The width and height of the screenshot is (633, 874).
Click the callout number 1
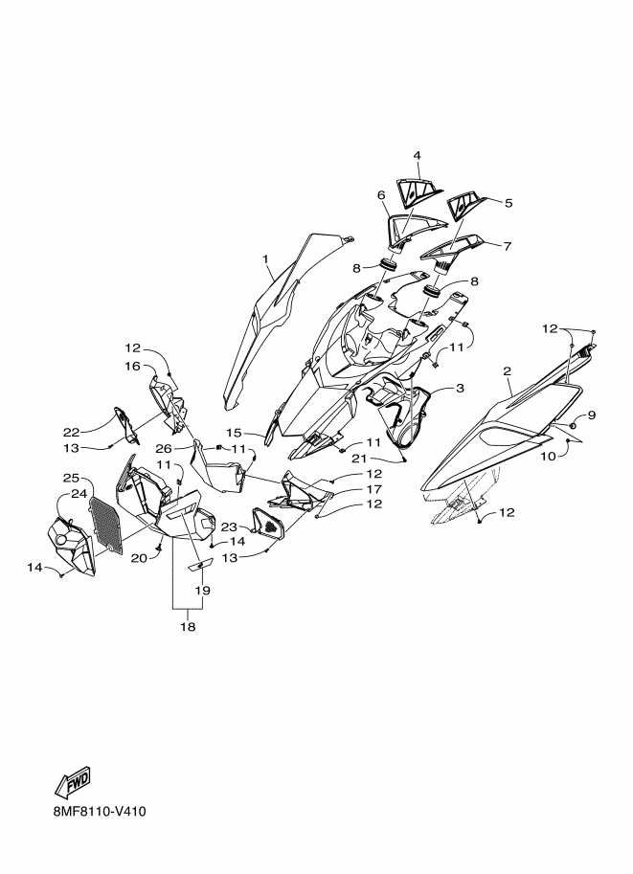(265, 258)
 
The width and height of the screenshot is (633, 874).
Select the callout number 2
(507, 370)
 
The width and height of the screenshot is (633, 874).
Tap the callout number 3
(460, 388)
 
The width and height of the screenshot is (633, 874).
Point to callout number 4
(418, 155)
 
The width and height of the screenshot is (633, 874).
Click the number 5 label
(509, 204)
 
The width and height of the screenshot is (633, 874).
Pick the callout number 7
(507, 246)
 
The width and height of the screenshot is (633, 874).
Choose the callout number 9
(576, 415)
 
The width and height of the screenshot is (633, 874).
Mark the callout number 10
(549, 457)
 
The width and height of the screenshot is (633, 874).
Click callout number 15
(234, 433)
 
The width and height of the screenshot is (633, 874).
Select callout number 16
(132, 366)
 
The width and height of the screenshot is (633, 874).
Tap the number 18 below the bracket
(189, 626)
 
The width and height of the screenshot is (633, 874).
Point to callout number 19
(202, 590)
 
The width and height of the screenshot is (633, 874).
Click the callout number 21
(360, 459)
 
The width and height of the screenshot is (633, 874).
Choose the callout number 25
(71, 478)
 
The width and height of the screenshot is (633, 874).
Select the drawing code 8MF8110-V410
(101, 811)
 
